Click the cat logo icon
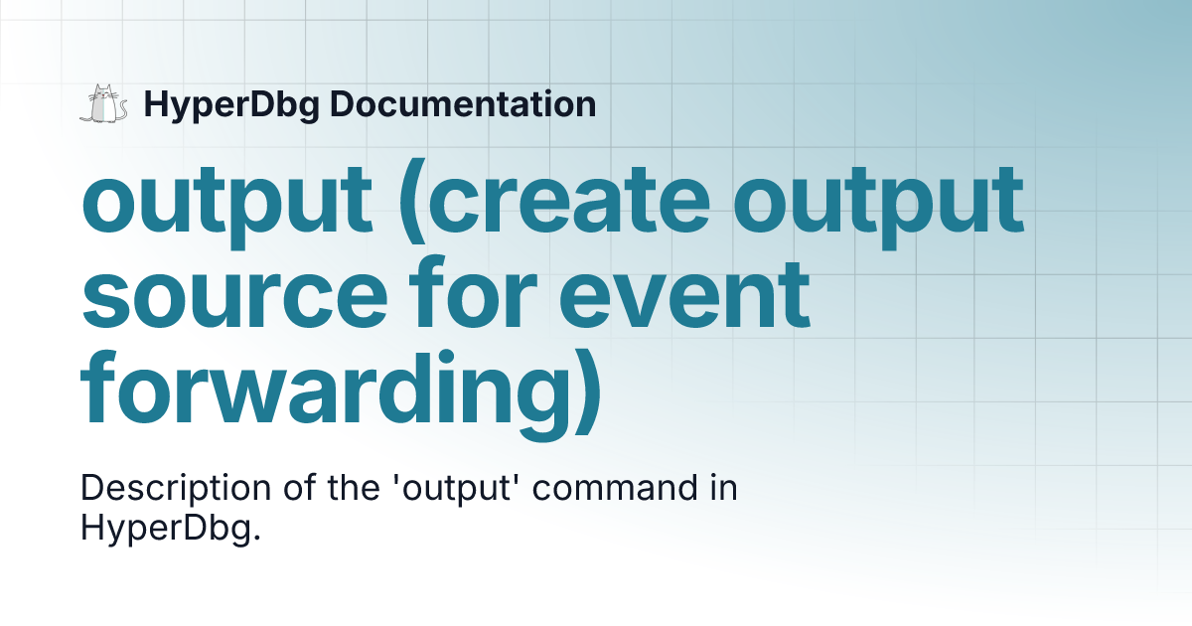(103, 104)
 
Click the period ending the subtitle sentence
(256, 537)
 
